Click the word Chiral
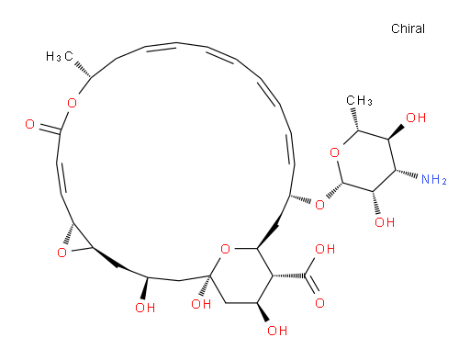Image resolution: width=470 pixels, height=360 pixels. click(x=408, y=28)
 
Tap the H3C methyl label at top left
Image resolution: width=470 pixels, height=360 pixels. click(x=60, y=56)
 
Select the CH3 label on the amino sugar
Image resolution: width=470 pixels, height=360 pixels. click(x=359, y=100)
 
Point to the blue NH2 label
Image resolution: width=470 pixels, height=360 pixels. click(x=434, y=179)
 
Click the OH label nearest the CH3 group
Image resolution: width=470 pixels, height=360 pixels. click(x=416, y=118)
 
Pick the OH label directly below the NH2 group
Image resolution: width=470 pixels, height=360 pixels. click(x=385, y=222)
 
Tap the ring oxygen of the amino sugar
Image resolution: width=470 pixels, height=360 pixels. click(x=335, y=152)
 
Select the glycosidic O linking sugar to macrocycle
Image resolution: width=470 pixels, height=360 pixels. click(x=319, y=205)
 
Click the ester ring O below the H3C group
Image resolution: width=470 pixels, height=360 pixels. click(x=72, y=103)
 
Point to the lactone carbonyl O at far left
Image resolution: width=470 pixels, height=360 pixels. click(x=29, y=124)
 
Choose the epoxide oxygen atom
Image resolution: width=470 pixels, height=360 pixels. click(x=62, y=253)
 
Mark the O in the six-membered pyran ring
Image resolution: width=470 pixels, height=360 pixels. click(x=226, y=249)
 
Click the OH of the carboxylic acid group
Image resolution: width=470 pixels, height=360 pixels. click(x=325, y=249)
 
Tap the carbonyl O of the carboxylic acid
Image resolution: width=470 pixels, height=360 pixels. click(x=319, y=303)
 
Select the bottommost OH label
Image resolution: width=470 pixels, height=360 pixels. click(x=277, y=331)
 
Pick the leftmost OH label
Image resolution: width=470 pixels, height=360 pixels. click(x=145, y=308)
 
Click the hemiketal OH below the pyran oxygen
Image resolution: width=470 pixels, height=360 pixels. click(x=201, y=304)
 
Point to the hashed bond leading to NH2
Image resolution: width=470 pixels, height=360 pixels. click(x=407, y=174)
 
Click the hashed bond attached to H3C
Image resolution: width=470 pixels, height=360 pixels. click(x=83, y=70)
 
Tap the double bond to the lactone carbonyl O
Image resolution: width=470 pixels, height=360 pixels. click(x=50, y=129)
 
